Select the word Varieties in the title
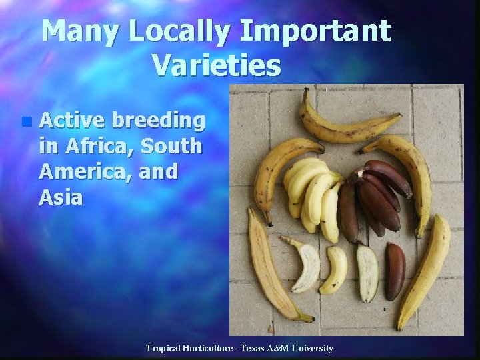pyautogui.click(x=216, y=65)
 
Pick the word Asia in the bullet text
pyautogui.click(x=61, y=197)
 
